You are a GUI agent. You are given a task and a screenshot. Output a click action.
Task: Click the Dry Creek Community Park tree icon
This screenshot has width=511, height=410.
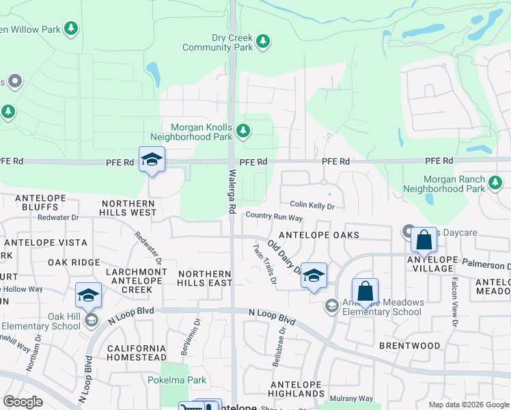coord(263,43)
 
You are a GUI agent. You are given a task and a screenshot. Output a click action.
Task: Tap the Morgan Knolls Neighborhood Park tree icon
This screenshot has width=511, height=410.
coord(242,130)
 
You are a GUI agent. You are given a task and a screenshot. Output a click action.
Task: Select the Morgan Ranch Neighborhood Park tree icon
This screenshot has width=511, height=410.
coord(495,182)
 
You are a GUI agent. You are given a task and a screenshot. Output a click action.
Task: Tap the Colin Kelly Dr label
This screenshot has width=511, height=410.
coord(312,205)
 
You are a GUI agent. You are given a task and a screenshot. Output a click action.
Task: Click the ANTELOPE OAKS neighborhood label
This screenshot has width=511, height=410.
coord(320,235)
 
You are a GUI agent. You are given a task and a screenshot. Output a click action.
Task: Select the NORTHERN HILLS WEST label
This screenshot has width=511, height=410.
coord(128,208)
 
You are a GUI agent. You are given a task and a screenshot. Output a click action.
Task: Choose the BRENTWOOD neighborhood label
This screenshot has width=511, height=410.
coord(410,346)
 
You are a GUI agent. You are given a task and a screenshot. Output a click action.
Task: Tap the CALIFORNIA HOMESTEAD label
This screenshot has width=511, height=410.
coord(137,353)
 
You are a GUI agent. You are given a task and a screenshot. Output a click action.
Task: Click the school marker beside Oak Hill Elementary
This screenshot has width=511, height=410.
coord(88,296)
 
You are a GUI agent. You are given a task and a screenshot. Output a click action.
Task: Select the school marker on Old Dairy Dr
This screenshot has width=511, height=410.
coord(314,275)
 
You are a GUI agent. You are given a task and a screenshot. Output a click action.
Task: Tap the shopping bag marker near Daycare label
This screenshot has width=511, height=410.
coord(424,241)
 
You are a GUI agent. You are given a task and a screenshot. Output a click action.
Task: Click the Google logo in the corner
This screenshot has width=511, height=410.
coord(23,402)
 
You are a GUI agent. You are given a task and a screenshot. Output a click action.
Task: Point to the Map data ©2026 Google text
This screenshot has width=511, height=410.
coord(467,405)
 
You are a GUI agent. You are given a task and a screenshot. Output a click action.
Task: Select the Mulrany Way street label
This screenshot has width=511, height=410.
coord(351,398)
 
